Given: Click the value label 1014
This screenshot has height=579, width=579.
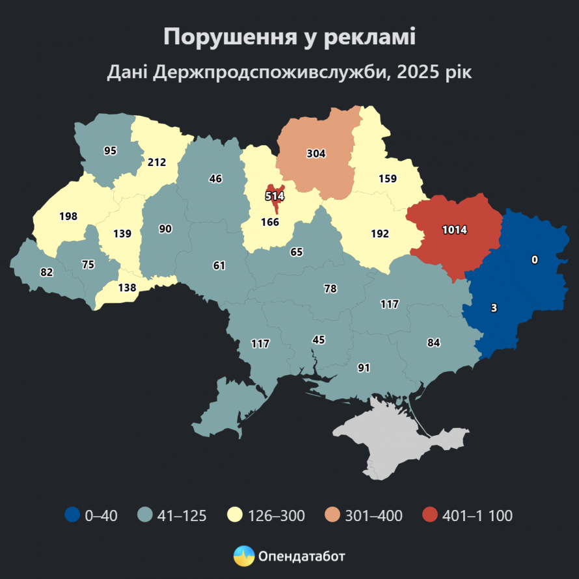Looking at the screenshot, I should click(x=455, y=229).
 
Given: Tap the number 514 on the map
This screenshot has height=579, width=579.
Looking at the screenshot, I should click(x=275, y=195).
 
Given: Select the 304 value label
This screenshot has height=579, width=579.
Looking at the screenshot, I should click(x=316, y=154).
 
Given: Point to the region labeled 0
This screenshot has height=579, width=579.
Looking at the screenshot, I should click(x=535, y=260).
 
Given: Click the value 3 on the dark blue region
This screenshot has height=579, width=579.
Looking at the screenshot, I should click(x=494, y=308).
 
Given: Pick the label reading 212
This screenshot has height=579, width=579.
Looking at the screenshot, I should click(x=157, y=162).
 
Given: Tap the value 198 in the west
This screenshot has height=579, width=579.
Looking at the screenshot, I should click(x=68, y=216).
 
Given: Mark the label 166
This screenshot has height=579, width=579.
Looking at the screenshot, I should click(x=269, y=222).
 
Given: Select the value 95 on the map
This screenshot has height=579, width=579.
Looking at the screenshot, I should click(x=110, y=150).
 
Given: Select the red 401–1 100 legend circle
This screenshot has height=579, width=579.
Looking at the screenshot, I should click(x=430, y=516).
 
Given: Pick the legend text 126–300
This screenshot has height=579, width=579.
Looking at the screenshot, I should click(x=276, y=517).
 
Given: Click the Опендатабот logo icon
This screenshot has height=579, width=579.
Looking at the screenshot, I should click(x=244, y=556).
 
